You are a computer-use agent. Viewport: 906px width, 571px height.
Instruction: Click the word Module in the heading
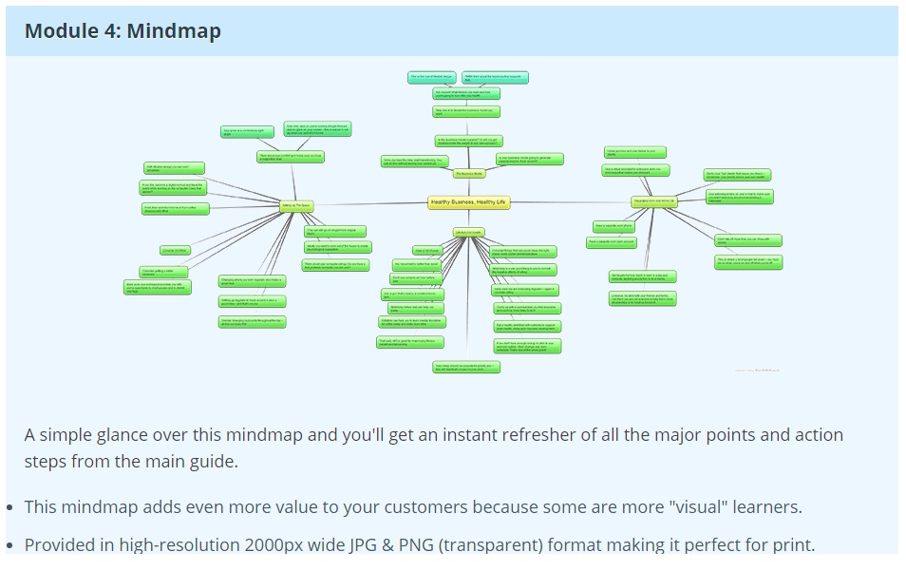click(x=61, y=30)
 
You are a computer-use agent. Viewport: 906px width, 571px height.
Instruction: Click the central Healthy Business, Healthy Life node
click(x=469, y=202)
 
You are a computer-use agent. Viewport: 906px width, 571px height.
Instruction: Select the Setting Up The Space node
click(x=296, y=204)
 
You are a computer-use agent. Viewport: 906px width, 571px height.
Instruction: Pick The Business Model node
click(x=469, y=174)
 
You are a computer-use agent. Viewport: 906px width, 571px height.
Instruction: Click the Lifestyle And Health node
click(x=469, y=233)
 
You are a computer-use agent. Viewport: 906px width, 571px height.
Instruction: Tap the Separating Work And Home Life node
click(x=653, y=201)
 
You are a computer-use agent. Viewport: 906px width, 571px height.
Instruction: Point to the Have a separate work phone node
click(x=613, y=226)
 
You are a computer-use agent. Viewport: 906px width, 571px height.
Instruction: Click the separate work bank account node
click(x=612, y=242)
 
